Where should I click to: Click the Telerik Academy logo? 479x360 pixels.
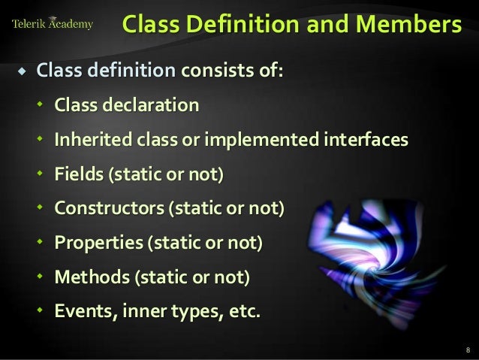point(53,24)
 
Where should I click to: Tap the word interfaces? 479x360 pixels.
point(363,140)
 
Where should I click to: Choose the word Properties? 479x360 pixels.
point(96,243)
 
